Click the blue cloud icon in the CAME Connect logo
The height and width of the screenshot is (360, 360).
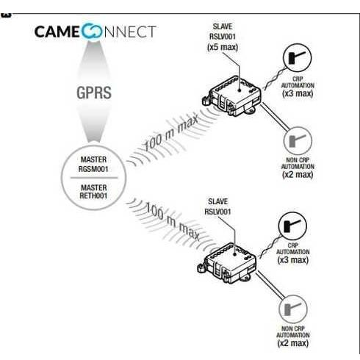[x=91, y=31]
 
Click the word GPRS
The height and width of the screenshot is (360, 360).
[x=94, y=93]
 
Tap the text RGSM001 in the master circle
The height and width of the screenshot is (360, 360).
[x=93, y=169]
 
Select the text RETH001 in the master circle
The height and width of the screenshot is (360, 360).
[x=93, y=196]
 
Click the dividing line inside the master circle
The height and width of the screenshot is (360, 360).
[x=94, y=178]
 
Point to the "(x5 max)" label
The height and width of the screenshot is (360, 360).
[x=223, y=47]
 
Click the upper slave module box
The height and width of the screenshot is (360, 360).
[x=231, y=96]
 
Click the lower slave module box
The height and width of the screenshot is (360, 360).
[x=227, y=263]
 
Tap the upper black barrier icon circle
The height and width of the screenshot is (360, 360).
[x=298, y=58]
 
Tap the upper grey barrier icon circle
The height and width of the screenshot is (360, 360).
[x=298, y=141]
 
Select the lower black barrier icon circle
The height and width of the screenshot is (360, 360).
[x=292, y=226]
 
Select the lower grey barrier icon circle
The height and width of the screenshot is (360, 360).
[x=293, y=309]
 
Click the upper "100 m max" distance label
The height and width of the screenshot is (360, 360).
[x=171, y=133]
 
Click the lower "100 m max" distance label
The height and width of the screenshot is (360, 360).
[x=173, y=221]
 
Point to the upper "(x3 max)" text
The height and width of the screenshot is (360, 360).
[x=298, y=93]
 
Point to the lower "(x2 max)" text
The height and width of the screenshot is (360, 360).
[x=293, y=343]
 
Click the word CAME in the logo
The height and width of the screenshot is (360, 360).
[x=57, y=32]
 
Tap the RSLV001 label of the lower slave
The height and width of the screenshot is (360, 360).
[x=217, y=212]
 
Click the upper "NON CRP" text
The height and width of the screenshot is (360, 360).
[x=298, y=160]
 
